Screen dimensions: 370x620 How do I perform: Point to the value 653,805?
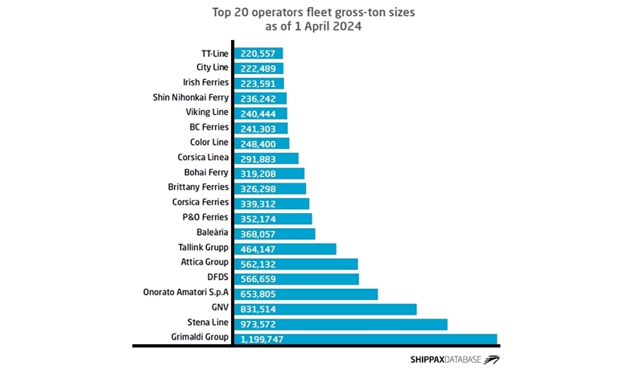coord(258,294)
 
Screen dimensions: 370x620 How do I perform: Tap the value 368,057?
coord(258,233)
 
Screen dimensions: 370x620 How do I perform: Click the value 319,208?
coord(258,173)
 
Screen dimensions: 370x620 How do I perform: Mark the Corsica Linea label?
coord(203,157)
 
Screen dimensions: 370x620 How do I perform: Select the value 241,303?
coord(258,128)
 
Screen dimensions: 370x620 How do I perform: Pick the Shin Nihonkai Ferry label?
coord(191,97)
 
